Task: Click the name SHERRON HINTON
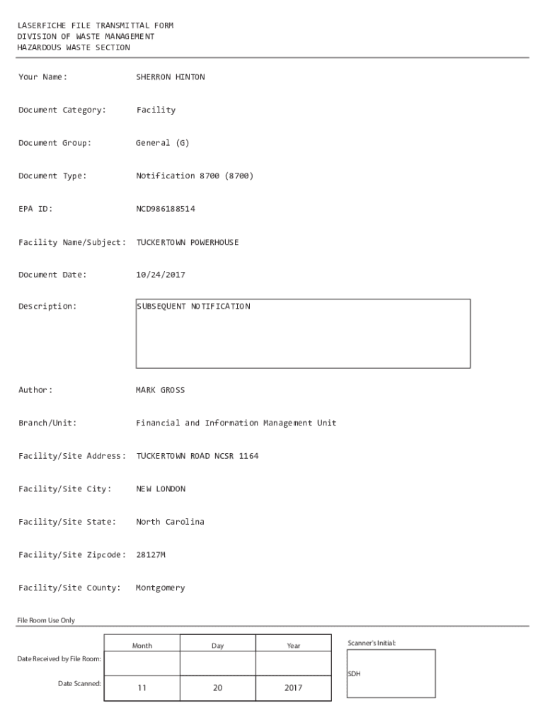pyautogui.click(x=170, y=77)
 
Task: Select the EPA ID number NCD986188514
pyautogui.click(x=165, y=209)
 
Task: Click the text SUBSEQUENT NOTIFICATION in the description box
pyautogui.click(x=193, y=307)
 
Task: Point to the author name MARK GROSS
pyautogui.click(x=160, y=390)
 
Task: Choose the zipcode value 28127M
pyautogui.click(x=150, y=554)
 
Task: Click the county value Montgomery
pyautogui.click(x=160, y=588)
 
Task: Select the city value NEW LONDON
pyautogui.click(x=160, y=489)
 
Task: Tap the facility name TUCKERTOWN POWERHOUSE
pyautogui.click(x=187, y=242)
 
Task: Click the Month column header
pyautogui.click(x=142, y=646)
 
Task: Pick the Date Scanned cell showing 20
pyautogui.click(x=217, y=687)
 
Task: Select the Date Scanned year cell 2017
pyautogui.click(x=293, y=687)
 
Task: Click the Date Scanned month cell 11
pyautogui.click(x=142, y=687)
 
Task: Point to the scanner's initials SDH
pyautogui.click(x=354, y=674)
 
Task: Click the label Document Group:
pyautogui.click(x=54, y=143)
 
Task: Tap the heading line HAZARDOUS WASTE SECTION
pyautogui.click(x=74, y=47)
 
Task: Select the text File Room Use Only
pyautogui.click(x=46, y=620)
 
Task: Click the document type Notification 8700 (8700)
pyautogui.click(x=194, y=176)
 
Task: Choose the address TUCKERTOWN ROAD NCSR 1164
pyautogui.click(x=197, y=456)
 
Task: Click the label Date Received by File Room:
pyautogui.click(x=59, y=659)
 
